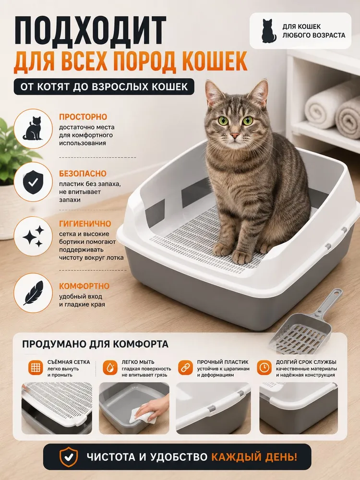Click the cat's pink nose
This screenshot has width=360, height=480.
(x=235, y=135)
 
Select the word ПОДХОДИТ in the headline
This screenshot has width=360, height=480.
(x=90, y=31)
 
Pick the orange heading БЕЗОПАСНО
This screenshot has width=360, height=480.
(x=83, y=174)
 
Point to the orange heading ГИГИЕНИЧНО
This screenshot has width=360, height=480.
(x=85, y=224)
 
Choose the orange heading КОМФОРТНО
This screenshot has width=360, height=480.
(x=84, y=286)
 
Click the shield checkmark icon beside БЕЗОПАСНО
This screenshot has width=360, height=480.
(x=33, y=182)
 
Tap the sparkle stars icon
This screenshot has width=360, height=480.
(x=33, y=236)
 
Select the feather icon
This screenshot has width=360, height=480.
(x=34, y=293)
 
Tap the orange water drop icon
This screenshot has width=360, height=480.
(x=110, y=367)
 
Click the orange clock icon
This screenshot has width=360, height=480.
(x=264, y=367)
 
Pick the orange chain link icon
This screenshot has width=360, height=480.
(x=185, y=367)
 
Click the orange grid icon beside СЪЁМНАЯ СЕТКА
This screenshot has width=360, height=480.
(x=36, y=367)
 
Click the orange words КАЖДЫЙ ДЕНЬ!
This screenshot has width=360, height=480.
(x=254, y=457)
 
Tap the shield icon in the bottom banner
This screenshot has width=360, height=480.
(x=68, y=457)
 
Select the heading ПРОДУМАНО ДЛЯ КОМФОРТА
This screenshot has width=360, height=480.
(x=95, y=344)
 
